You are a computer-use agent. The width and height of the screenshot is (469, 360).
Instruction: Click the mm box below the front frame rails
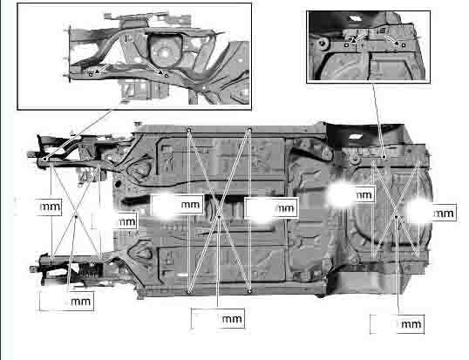[x=67, y=302]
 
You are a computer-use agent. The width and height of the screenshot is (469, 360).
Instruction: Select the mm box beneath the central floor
[x=218, y=318]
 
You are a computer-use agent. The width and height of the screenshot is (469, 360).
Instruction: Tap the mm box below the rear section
[x=398, y=323]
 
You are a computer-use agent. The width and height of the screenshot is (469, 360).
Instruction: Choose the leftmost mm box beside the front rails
[x=49, y=207]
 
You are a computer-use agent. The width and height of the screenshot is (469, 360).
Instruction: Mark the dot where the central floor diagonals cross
[x=220, y=216]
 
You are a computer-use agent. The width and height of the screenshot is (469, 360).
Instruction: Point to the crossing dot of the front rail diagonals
[x=76, y=216]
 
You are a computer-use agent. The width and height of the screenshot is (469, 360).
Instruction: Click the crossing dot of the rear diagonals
[x=396, y=216]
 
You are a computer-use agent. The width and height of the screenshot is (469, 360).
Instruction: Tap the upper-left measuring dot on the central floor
[x=189, y=130]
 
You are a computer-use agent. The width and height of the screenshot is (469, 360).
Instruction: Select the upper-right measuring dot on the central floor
[x=249, y=130]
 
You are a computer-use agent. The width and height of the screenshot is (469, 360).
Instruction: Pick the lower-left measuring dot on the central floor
[x=189, y=291]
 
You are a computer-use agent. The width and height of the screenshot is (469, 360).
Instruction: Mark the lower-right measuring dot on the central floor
[x=249, y=291]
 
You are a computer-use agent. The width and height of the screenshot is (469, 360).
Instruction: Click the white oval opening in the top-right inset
[x=355, y=18]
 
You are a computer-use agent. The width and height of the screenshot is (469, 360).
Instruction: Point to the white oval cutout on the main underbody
[x=355, y=137]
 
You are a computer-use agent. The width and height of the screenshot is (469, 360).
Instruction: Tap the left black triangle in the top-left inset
[x=97, y=71]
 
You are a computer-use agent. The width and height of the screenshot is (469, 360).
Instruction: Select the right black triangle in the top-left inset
[x=160, y=72]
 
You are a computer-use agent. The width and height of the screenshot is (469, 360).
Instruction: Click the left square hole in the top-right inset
[x=346, y=45]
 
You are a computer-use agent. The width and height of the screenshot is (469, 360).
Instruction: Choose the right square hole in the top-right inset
[x=404, y=45]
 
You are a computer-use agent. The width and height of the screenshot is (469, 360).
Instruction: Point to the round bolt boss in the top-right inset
[x=323, y=43]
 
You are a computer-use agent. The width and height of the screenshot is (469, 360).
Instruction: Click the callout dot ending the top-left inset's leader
[x=44, y=159]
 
